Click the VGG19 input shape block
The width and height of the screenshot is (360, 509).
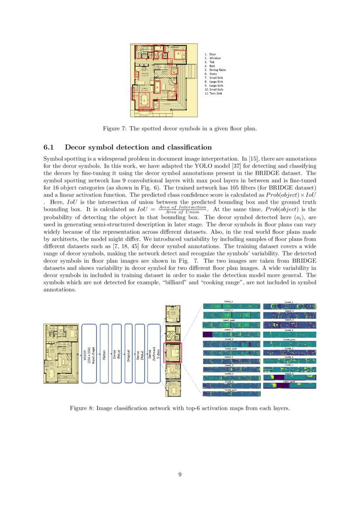pos(89,353)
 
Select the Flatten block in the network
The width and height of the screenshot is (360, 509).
pos(104,353)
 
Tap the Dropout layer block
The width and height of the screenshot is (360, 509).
pos(128,353)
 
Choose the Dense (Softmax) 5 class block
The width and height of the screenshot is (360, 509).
pos(154,353)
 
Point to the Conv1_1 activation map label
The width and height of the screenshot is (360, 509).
pos(228,301)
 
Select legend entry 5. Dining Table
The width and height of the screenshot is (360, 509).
pos(215,70)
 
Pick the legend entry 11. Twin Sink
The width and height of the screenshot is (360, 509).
pos(213,93)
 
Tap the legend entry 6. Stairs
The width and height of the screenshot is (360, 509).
pos(211,74)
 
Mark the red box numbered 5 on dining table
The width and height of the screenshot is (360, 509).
pos(145,101)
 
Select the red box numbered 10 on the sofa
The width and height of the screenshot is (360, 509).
pos(172,95)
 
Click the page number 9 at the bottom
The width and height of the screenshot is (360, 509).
pos(180,475)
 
